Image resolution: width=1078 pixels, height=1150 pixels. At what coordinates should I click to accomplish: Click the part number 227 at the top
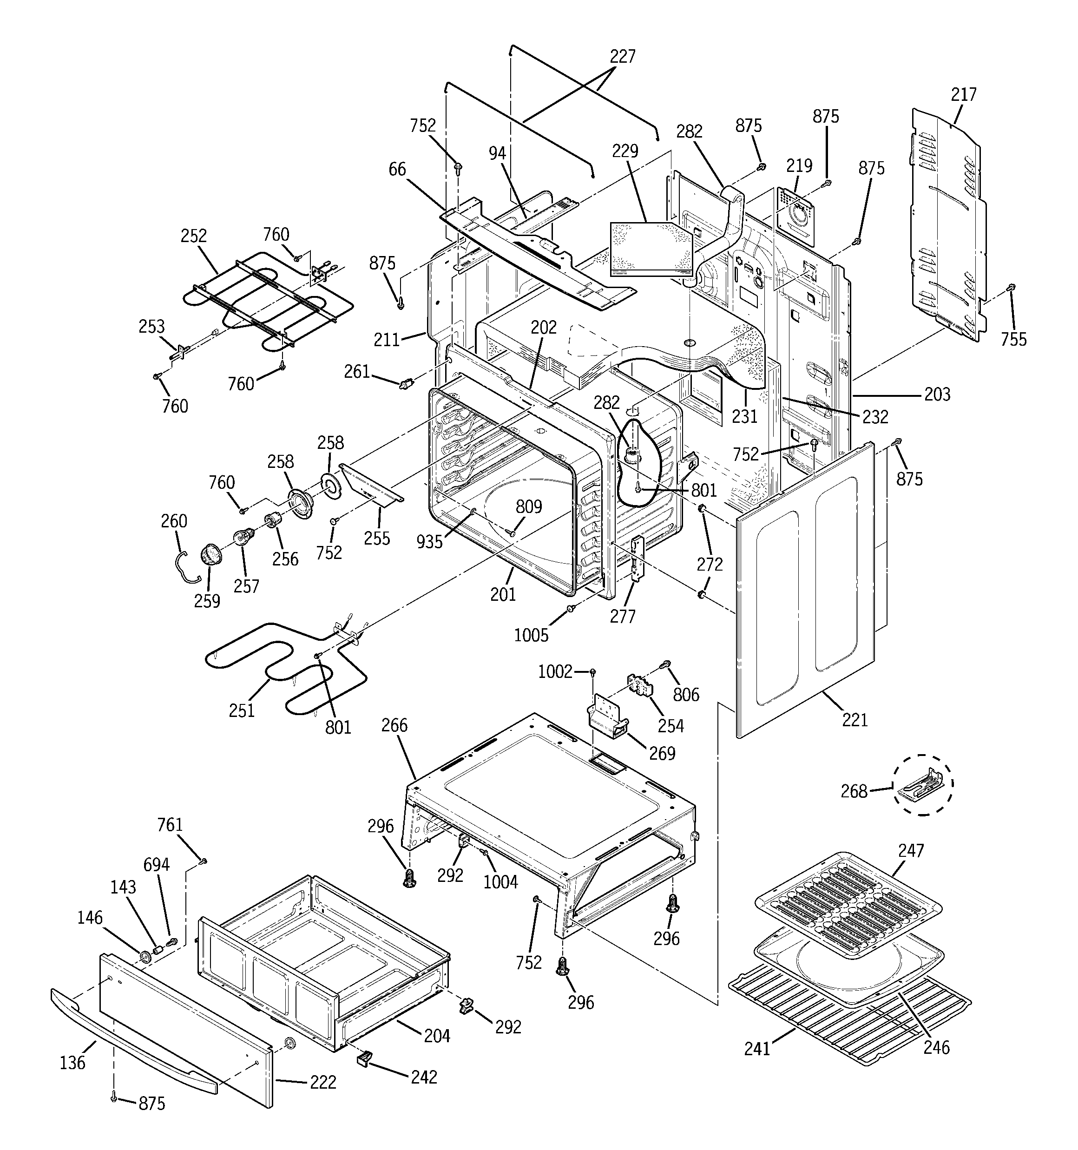coord(623,57)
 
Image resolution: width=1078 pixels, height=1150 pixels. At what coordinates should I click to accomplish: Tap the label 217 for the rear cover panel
coord(963,95)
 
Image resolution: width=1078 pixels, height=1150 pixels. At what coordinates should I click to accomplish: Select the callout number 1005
coord(531,636)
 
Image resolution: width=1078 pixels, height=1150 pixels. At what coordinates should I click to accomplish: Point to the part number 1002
coord(555,671)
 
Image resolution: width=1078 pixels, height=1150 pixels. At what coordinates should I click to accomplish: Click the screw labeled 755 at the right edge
coord(1012,288)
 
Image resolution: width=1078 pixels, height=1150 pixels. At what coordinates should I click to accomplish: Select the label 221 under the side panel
coord(855,720)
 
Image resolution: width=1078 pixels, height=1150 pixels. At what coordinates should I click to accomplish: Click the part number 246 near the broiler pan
coord(936,1047)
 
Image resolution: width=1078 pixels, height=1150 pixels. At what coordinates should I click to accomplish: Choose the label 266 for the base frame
coord(394,725)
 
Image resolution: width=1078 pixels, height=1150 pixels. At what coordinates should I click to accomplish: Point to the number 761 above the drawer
coord(170,825)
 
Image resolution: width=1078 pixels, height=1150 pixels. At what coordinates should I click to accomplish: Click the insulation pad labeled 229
coord(651,249)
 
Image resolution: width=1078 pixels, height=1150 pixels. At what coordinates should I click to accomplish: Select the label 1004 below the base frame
coord(500,882)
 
